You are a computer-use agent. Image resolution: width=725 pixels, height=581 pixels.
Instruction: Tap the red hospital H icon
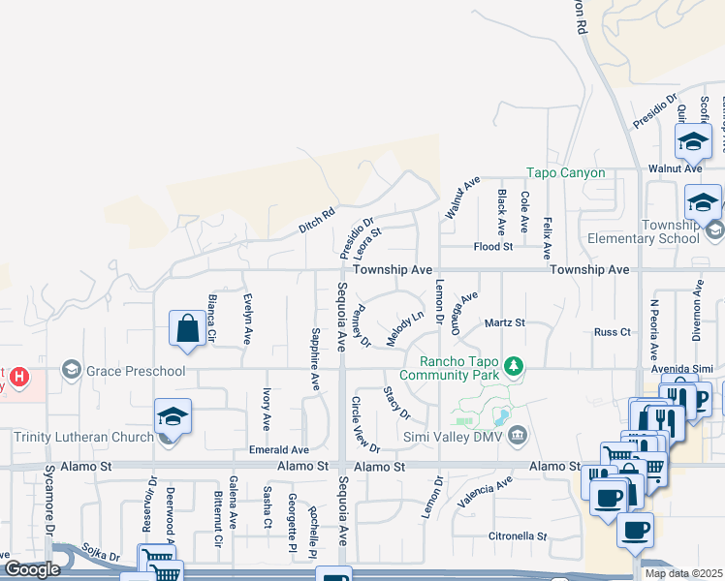click(x=17, y=374)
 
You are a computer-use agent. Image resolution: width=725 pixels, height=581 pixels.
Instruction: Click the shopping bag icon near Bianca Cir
click(x=188, y=327)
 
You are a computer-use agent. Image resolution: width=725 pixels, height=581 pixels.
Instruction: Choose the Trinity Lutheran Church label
click(x=83, y=437)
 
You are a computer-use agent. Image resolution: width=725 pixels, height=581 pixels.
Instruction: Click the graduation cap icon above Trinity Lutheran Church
click(x=173, y=416)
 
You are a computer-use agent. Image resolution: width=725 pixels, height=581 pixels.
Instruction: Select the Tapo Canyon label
click(x=565, y=173)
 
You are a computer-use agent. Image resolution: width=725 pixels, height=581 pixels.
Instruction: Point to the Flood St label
click(x=492, y=247)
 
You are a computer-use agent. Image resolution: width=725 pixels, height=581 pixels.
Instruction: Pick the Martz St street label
click(x=504, y=322)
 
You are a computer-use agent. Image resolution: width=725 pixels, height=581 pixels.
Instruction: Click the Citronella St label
click(x=518, y=535)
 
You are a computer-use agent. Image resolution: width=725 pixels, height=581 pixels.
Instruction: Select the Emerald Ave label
click(x=278, y=450)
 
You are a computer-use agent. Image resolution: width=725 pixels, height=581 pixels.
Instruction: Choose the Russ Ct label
click(x=613, y=332)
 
